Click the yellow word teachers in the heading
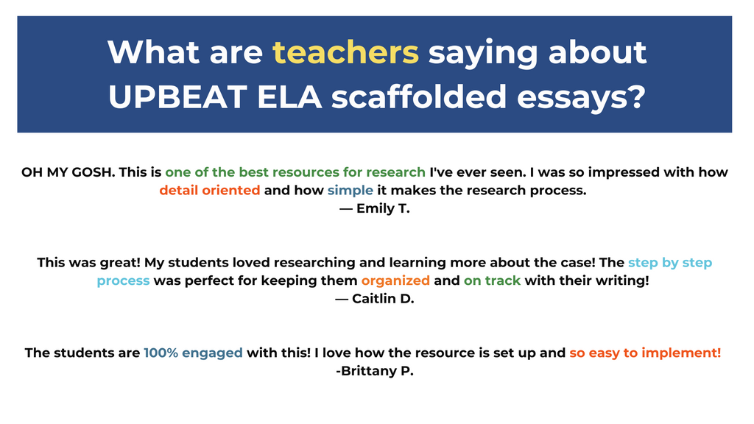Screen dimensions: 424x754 pos(345,52)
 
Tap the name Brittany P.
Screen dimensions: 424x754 pos(375,370)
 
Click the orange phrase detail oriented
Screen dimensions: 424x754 pos(210,191)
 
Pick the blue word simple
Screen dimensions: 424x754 pos(350,191)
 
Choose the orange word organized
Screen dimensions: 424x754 pos(395,280)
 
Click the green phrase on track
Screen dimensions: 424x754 pos(492,280)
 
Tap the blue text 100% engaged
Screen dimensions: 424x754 pos(193,353)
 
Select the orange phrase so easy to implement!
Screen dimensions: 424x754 pos(645,353)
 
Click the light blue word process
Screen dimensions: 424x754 pos(123,280)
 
